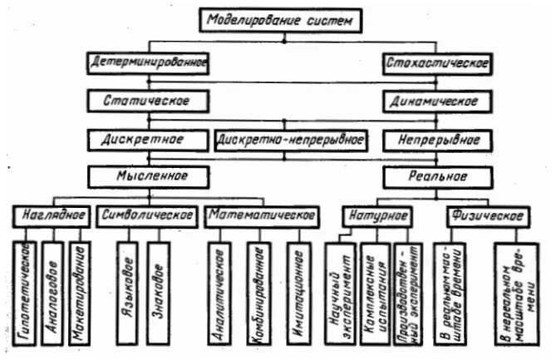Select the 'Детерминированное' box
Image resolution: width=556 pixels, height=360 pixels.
pyautogui.click(x=146, y=62)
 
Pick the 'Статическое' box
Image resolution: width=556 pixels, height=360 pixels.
pyautogui.click(x=146, y=101)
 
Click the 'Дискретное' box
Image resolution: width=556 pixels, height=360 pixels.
pyautogui.click(x=146, y=138)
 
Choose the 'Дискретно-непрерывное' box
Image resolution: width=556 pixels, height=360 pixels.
pyautogui.click(x=291, y=139)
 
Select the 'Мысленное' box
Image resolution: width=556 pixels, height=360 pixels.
pyautogui.click(x=146, y=176)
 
